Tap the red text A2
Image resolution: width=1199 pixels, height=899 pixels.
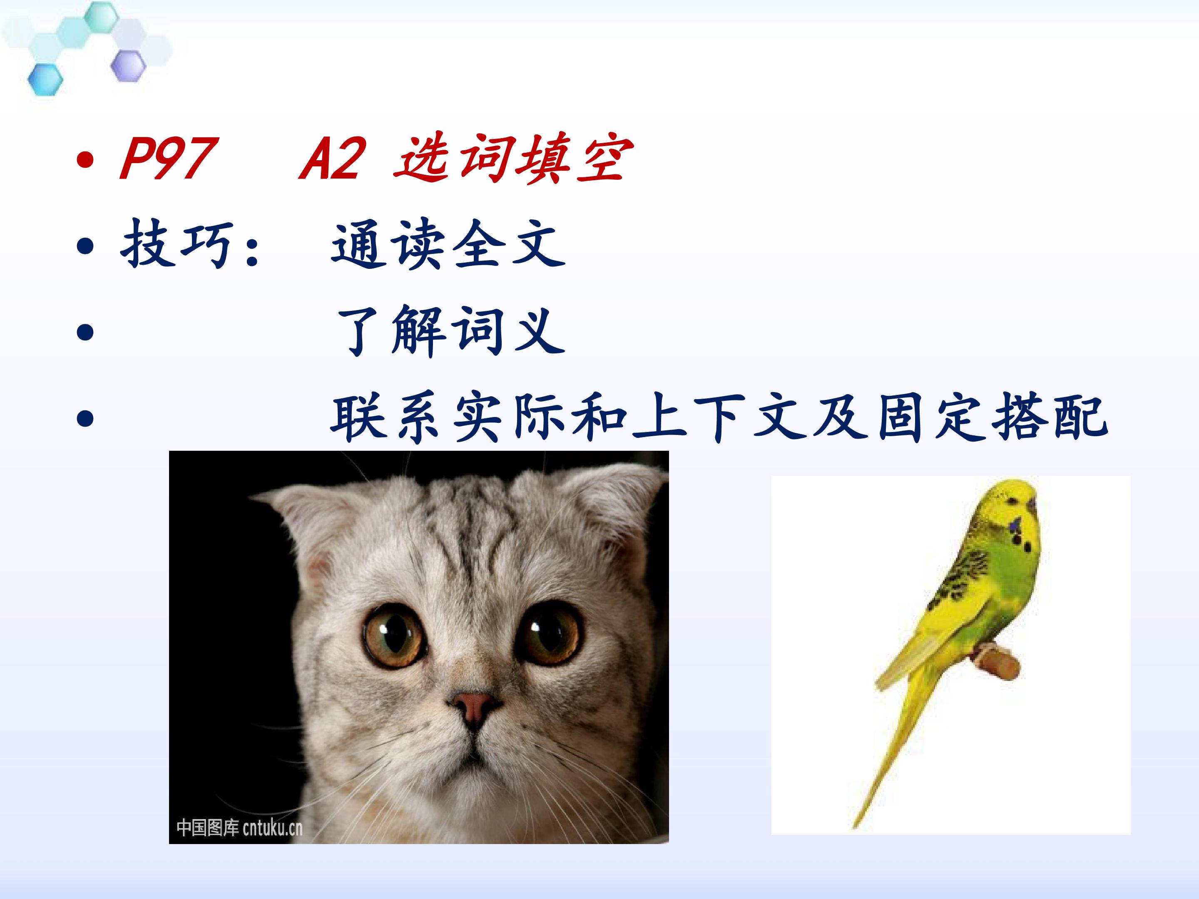point(332,158)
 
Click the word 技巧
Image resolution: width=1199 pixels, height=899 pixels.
point(177,244)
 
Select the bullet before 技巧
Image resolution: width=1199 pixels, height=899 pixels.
point(85,247)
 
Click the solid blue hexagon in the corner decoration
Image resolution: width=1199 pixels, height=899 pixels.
point(45,79)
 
